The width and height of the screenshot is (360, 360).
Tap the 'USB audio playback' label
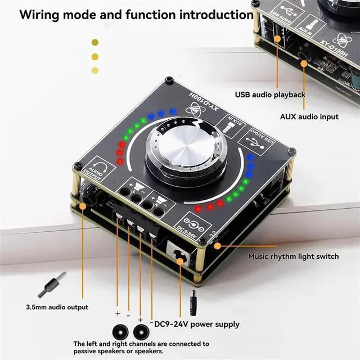click(x=270, y=94)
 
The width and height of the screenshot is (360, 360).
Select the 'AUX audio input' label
click(x=309, y=117)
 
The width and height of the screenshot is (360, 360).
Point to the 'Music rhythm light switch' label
click(x=294, y=256)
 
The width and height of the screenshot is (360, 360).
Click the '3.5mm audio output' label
click(x=57, y=307)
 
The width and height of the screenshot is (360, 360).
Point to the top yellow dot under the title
click(x=95, y=42)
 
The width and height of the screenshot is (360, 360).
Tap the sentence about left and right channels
click(x=141, y=347)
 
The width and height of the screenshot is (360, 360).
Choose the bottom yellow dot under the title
click(x=95, y=70)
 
